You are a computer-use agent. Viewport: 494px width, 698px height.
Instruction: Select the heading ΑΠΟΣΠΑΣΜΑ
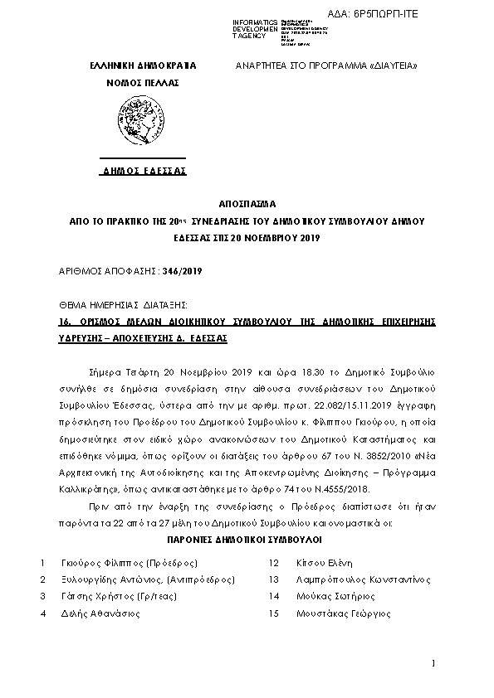click(x=247, y=202)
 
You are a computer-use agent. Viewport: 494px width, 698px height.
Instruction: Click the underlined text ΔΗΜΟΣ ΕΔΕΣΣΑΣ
click(x=144, y=170)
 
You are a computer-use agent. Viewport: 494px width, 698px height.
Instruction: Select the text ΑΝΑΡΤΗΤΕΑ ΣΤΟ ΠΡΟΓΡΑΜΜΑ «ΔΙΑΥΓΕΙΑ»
click(x=326, y=65)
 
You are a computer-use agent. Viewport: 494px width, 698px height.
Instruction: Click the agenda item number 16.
click(x=64, y=322)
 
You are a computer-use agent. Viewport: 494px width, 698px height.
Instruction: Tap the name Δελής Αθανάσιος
click(x=100, y=614)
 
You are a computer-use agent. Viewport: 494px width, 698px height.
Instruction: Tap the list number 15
click(x=272, y=614)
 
